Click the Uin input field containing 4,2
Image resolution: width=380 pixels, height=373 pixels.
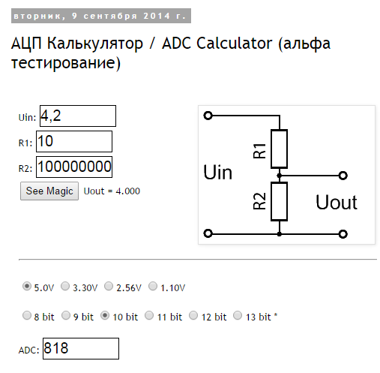(78, 116)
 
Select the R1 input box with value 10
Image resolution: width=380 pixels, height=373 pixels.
(74, 141)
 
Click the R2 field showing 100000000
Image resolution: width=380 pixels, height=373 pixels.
(74, 167)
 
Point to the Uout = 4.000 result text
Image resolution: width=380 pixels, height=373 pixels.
(112, 191)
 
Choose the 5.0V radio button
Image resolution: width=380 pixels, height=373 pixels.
(27, 286)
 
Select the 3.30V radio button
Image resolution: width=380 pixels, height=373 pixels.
(65, 286)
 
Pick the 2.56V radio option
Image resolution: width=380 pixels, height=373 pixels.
(109, 286)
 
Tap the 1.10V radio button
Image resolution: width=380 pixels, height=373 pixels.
(153, 286)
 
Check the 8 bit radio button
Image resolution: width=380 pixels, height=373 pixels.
(27, 315)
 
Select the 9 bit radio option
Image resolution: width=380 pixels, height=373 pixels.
(66, 315)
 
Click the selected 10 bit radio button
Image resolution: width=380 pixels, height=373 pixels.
(105, 315)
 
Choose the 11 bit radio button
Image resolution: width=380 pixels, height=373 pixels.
(149, 315)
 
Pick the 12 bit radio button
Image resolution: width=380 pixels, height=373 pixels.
(193, 315)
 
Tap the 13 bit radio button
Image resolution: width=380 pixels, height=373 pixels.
(238, 315)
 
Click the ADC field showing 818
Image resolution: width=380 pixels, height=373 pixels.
(81, 348)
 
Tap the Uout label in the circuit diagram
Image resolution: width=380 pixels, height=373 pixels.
(337, 202)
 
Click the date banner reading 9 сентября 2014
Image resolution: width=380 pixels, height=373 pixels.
(101, 16)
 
